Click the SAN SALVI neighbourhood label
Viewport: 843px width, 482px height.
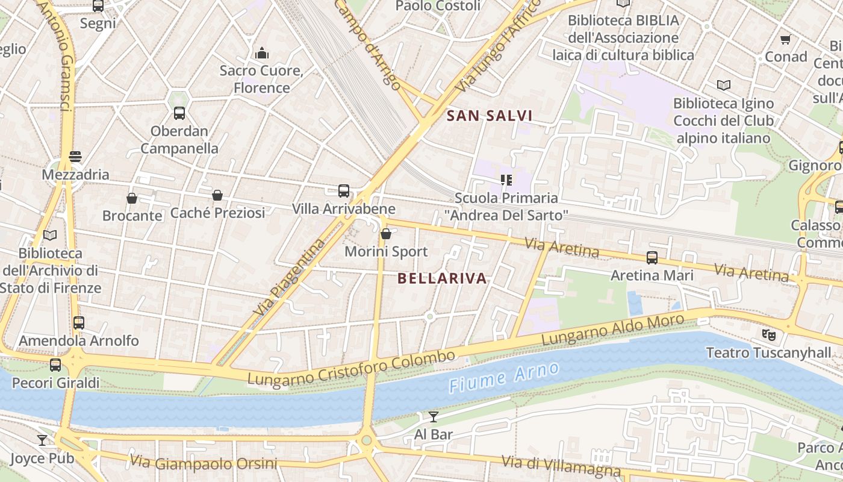(x=490, y=116)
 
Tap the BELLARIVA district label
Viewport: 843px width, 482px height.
(x=442, y=278)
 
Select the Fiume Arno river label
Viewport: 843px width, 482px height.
(x=503, y=378)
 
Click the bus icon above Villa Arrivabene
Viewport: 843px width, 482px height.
(x=344, y=191)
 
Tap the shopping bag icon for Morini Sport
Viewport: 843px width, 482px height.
(x=386, y=234)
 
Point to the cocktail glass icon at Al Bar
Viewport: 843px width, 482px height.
(x=434, y=416)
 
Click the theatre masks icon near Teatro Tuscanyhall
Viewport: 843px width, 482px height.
(x=768, y=334)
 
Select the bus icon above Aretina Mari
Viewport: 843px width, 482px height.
(x=652, y=258)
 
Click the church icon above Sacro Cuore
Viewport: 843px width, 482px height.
(x=261, y=53)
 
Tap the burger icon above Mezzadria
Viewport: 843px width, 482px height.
(x=75, y=157)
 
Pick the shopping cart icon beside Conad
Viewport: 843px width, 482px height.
(x=785, y=40)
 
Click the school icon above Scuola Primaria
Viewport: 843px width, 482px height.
(x=506, y=180)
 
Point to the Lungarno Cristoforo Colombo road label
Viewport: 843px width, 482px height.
(x=351, y=368)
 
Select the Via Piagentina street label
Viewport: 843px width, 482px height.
(x=288, y=278)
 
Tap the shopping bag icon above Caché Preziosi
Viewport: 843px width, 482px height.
(x=217, y=195)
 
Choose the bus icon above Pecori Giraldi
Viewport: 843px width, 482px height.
(x=55, y=365)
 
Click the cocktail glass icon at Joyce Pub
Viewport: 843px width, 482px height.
(x=42, y=440)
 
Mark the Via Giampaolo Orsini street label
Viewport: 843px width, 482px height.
(x=204, y=463)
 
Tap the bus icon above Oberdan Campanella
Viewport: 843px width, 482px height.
(x=179, y=113)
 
